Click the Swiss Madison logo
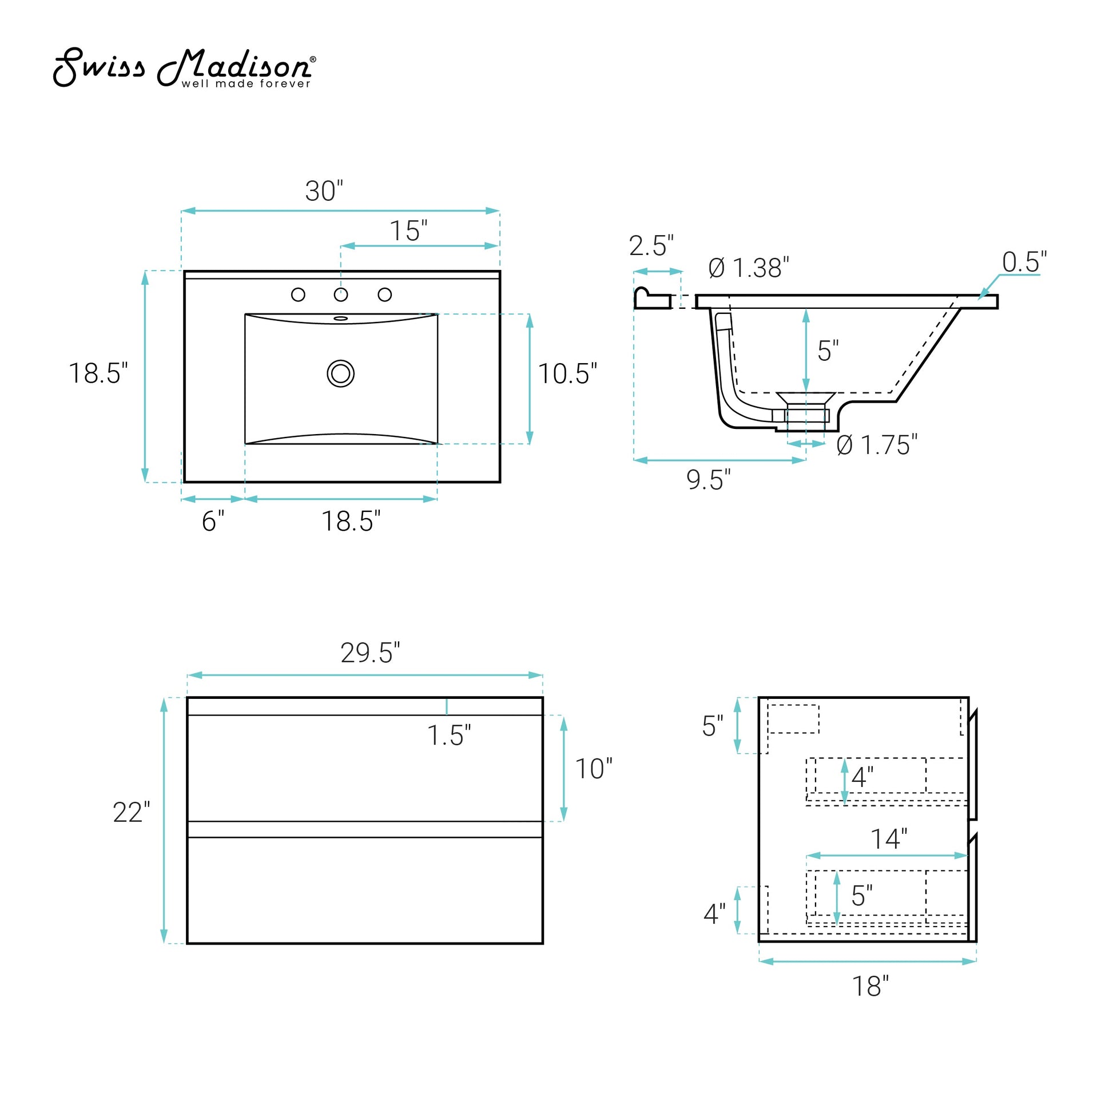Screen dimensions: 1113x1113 184,68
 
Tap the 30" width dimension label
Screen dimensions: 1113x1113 324,190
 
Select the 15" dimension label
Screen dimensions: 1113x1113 408,230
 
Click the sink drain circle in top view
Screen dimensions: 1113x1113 340,373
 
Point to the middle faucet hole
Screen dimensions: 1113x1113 341,295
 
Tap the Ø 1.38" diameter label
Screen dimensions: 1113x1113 748,268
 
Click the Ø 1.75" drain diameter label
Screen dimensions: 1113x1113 877,445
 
